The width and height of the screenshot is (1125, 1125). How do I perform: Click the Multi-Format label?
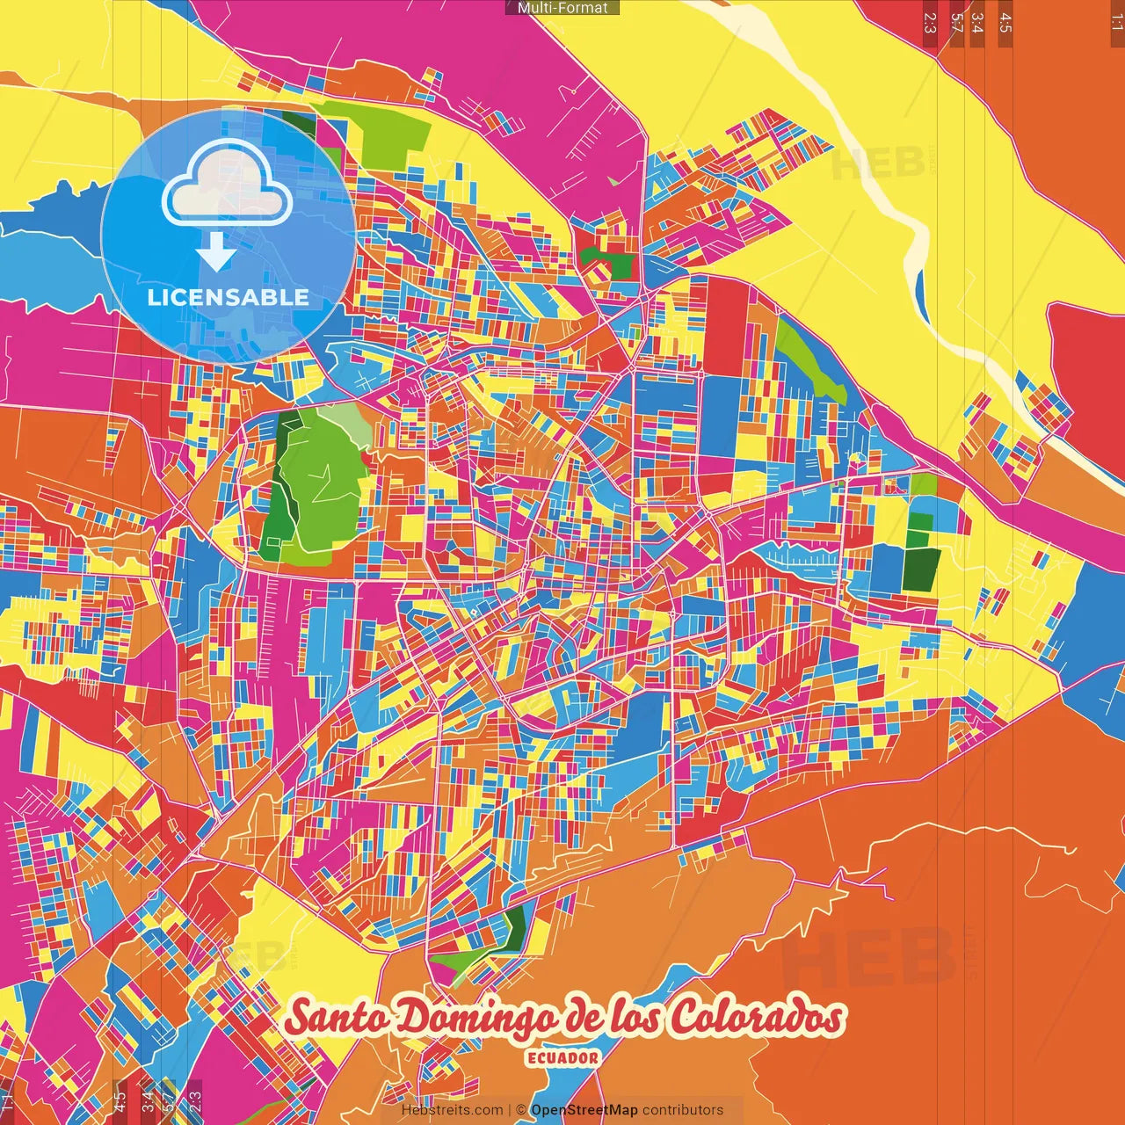pyautogui.click(x=562, y=8)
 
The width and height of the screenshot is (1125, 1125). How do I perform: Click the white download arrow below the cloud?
pyautogui.click(x=216, y=253)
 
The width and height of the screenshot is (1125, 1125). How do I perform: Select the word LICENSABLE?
pyautogui.click(x=228, y=297)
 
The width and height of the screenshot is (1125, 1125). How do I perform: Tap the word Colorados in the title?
pyautogui.click(x=756, y=1018)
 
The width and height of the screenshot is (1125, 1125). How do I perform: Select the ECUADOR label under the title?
pyautogui.click(x=562, y=1058)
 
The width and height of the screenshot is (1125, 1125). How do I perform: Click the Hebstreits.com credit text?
pyautogui.click(x=452, y=1110)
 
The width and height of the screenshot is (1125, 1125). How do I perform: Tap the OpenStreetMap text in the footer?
pyautogui.click(x=584, y=1110)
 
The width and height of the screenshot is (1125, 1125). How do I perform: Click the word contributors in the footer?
pyautogui.click(x=682, y=1110)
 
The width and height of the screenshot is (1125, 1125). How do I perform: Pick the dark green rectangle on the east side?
pyautogui.click(x=920, y=569)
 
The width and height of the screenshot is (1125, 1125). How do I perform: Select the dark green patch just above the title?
pyautogui.click(x=514, y=928)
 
